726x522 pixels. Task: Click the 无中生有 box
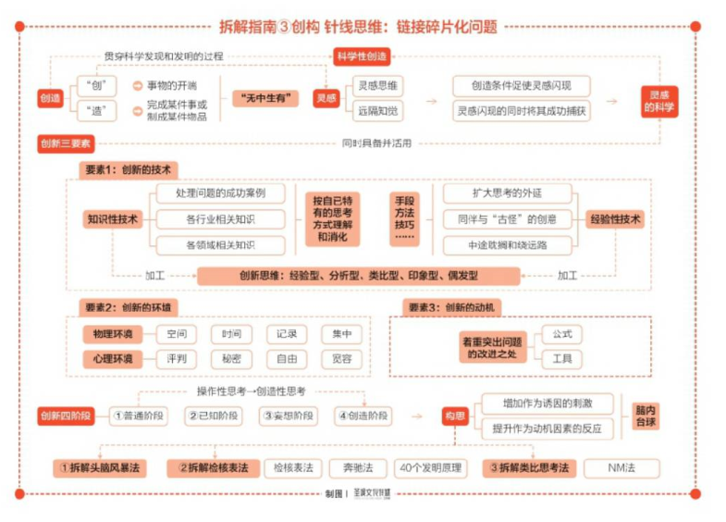point(265,97)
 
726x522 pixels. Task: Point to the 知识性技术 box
point(112,219)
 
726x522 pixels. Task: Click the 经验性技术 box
point(615,219)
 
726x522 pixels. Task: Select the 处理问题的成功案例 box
point(220,193)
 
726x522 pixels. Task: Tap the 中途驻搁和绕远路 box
point(507,245)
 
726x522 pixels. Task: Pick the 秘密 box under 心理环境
point(231,359)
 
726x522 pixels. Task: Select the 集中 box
point(341,334)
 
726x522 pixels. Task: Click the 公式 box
point(562,333)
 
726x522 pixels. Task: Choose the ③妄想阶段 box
point(287,416)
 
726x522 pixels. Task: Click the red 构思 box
point(452,416)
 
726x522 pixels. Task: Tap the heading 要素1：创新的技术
point(127,170)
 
